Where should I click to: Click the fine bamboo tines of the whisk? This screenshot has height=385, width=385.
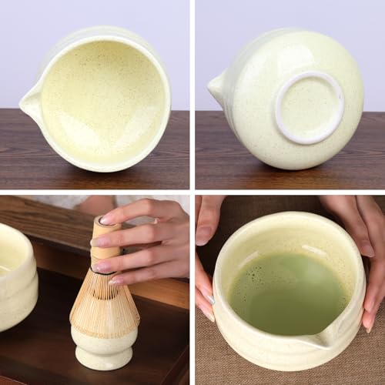[104, 304]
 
